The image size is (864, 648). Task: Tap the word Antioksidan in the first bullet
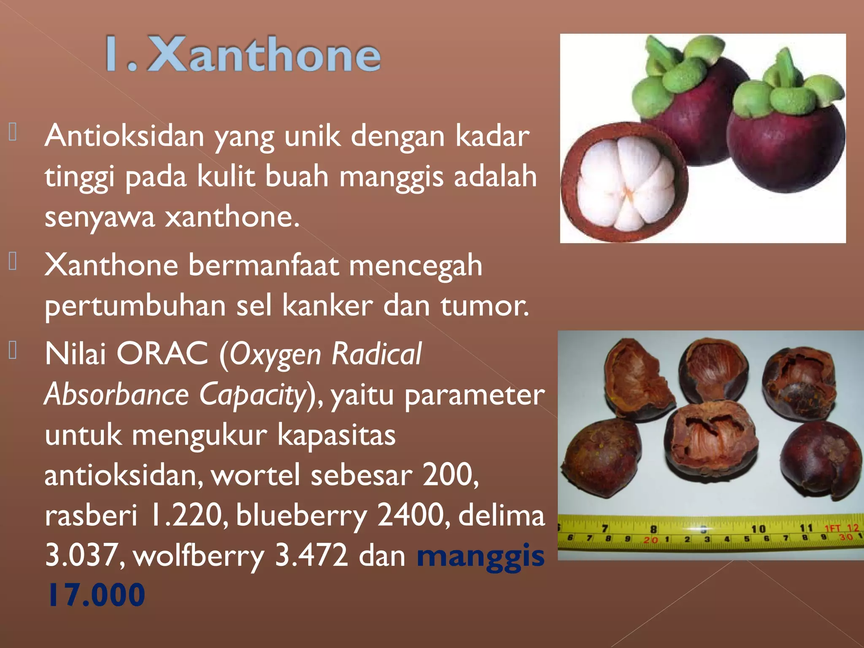pyautogui.click(x=124, y=136)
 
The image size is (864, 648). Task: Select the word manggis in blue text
pyautogui.click(x=481, y=556)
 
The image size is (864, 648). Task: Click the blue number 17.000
pyautogui.click(x=96, y=595)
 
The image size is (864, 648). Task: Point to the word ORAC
pyautogui.click(x=162, y=354)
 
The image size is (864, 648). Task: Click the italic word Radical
pyautogui.click(x=376, y=354)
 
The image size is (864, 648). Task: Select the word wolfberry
pyautogui.click(x=199, y=556)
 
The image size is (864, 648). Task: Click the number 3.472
pyautogui.click(x=311, y=556)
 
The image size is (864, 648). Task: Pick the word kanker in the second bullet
pyautogui.click(x=327, y=305)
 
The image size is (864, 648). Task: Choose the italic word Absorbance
pyautogui.click(x=116, y=394)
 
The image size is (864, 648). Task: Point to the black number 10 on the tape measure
pyautogui.click(x=758, y=529)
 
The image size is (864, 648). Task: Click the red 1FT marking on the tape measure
pyautogui.click(x=832, y=528)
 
